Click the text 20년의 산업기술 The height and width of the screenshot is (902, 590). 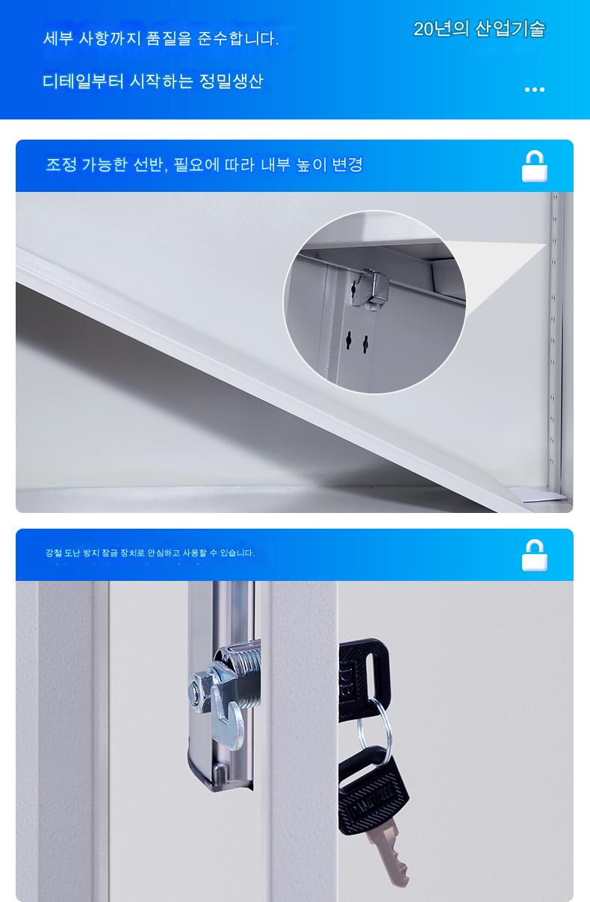479,29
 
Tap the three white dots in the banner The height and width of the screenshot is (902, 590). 535,90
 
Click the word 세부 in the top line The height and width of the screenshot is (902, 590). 58,39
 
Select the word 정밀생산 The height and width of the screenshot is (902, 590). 232,81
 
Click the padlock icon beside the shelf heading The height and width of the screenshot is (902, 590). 535,167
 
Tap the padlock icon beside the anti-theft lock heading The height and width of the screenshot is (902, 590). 535,556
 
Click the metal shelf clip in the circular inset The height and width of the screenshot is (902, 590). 371,288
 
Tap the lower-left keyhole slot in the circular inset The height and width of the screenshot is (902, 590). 349,341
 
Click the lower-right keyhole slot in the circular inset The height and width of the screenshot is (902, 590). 365,344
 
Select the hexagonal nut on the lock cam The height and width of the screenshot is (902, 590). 199,691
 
